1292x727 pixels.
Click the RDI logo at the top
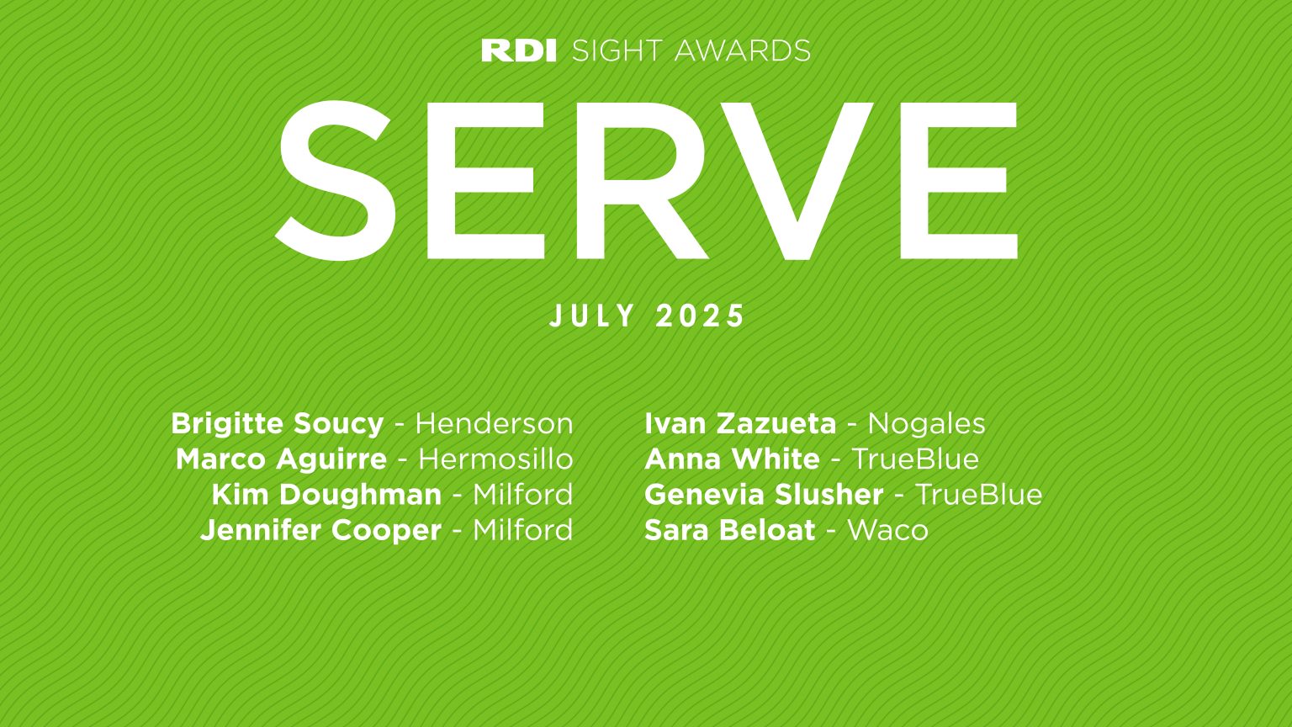tap(519, 50)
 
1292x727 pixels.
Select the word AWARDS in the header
tap(742, 50)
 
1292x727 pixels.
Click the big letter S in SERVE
tap(335, 180)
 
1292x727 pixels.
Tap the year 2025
tap(701, 316)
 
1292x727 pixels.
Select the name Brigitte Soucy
tap(277, 423)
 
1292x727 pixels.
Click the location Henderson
tap(494, 423)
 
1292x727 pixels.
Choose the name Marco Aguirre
tap(281, 459)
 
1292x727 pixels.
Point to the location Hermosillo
tap(495, 459)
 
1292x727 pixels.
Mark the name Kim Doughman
tap(326, 495)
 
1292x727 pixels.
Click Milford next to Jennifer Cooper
tap(522, 530)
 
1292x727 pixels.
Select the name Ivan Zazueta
tap(740, 423)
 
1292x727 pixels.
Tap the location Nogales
tap(926, 423)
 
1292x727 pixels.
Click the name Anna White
tap(732, 459)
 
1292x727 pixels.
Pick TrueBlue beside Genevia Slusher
tap(978, 495)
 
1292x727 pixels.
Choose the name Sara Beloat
tap(729, 530)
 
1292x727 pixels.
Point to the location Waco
tap(887, 530)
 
